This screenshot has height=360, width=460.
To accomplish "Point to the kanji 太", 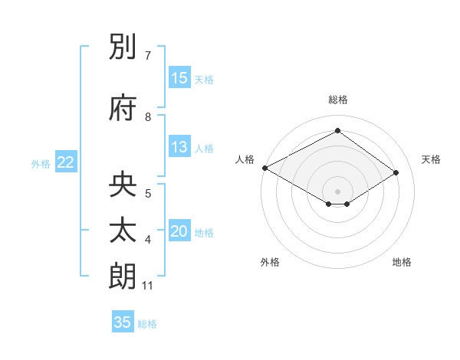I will tap(123, 231).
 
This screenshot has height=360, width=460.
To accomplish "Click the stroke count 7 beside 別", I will tap(148, 56).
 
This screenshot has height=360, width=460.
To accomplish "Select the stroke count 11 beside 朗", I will tap(148, 286).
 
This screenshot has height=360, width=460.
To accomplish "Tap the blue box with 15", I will tap(179, 78).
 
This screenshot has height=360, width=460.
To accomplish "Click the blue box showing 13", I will tap(179, 148).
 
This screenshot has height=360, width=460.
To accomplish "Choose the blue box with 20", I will tap(179, 232).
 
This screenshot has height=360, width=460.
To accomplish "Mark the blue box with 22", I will tap(66, 162).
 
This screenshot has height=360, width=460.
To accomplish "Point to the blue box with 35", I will tap(123, 322).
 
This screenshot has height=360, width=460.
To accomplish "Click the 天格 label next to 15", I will tap(204, 79).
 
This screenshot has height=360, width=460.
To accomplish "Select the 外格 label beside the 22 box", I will tap(41, 163).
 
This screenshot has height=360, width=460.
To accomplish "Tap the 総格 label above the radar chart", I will tap(337, 100).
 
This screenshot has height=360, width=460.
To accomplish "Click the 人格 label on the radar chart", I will tap(245, 159).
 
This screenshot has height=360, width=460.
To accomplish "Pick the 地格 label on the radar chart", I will tap(402, 263).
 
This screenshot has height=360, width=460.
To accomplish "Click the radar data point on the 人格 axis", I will tap(264, 168).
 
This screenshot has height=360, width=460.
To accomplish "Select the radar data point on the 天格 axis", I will tap(396, 173).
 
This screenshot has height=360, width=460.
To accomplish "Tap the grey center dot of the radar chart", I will tap(337, 191).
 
